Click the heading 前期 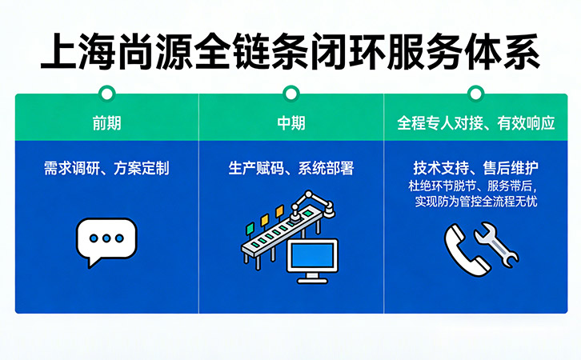point(107,125)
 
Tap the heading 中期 point(290,125)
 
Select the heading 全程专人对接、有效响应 point(475,125)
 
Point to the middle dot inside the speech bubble point(106,238)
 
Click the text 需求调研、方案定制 point(106,169)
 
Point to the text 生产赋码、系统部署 point(290,169)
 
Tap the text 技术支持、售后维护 point(475,169)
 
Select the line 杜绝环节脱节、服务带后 point(475,186)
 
